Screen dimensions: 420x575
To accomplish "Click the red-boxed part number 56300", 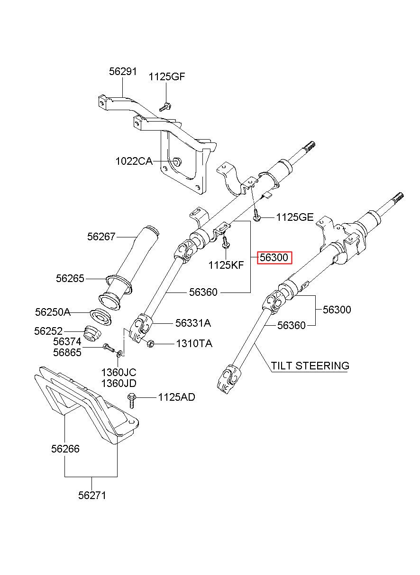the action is pyautogui.click(x=274, y=257).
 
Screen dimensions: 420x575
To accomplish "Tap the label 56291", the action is pyautogui.click(x=123, y=71).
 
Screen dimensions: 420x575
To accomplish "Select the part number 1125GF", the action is pyautogui.click(x=167, y=76).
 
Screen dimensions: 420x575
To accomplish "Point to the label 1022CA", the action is pyautogui.click(x=134, y=161).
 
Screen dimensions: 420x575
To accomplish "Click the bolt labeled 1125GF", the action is pyautogui.click(x=165, y=107).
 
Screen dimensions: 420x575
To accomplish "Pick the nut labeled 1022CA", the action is pyautogui.click(x=177, y=161).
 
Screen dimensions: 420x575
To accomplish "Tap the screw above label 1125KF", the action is pyautogui.click(x=226, y=242).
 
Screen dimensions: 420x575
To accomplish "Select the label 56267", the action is pyautogui.click(x=101, y=236).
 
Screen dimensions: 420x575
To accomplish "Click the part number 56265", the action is pyautogui.click(x=70, y=279).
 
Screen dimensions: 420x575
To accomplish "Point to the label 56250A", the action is pyautogui.click(x=53, y=312).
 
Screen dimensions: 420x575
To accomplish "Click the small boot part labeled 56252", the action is pyautogui.click(x=92, y=333).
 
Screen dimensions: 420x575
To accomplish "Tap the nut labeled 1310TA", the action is pyautogui.click(x=150, y=343).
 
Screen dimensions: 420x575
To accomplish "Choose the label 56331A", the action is pyautogui.click(x=193, y=323).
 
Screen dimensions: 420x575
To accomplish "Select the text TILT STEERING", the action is pyautogui.click(x=310, y=366).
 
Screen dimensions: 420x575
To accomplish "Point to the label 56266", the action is pyautogui.click(x=65, y=449).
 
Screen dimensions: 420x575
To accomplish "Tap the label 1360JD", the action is pyautogui.click(x=119, y=383).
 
